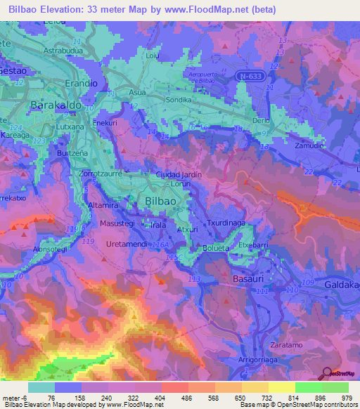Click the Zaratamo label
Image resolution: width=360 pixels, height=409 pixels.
(287, 345)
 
